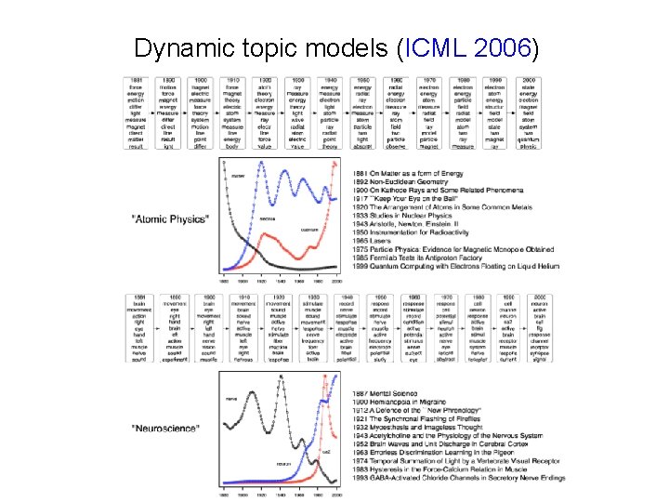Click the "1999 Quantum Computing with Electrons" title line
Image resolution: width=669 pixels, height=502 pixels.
[455, 266]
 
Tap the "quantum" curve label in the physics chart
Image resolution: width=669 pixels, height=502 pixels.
[310, 229]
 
